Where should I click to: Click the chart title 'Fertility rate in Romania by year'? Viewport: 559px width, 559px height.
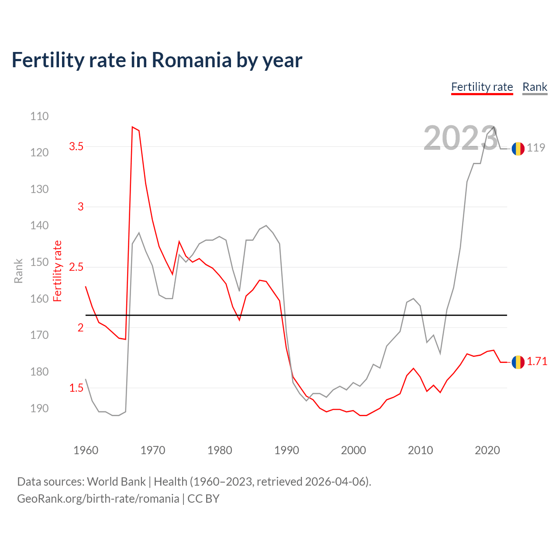click(x=157, y=60)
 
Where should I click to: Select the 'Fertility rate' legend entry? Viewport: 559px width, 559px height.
click(x=482, y=87)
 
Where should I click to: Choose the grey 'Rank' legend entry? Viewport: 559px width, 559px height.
click(x=535, y=87)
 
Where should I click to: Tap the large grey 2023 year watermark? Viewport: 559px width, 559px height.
click(x=460, y=138)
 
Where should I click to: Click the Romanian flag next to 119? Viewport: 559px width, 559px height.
click(x=518, y=148)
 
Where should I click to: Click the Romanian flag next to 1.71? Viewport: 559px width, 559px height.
click(x=518, y=362)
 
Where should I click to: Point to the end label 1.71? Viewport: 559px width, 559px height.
click(x=537, y=362)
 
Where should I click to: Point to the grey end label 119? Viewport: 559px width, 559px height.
click(x=536, y=148)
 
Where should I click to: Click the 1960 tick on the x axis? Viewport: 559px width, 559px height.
click(x=86, y=450)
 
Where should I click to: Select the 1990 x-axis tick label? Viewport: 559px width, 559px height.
click(x=286, y=450)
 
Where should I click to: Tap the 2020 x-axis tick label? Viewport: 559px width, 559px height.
click(x=487, y=450)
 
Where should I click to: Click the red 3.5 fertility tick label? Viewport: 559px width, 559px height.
click(x=76, y=147)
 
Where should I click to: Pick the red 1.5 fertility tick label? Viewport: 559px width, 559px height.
click(x=76, y=388)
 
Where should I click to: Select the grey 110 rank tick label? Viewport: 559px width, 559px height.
click(x=39, y=116)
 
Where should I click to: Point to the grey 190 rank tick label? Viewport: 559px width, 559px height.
click(x=39, y=408)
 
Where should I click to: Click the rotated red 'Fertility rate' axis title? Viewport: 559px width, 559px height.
click(x=57, y=271)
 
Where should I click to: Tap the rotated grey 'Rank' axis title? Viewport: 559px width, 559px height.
click(x=18, y=271)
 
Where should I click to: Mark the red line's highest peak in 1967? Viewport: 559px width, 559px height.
click(x=132, y=127)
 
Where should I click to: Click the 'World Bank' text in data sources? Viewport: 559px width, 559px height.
click(x=116, y=482)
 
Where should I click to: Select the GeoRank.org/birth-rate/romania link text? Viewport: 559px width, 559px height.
click(x=98, y=499)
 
